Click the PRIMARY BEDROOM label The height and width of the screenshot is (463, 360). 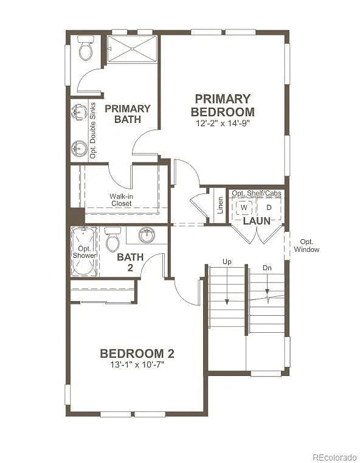click(x=223, y=105)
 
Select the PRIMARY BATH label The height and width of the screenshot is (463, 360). click(x=127, y=114)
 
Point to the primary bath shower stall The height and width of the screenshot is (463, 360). click(x=132, y=49)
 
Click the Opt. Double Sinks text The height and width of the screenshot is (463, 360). click(x=93, y=131)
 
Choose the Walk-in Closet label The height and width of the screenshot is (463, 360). click(x=121, y=200)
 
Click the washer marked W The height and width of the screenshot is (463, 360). click(x=244, y=207)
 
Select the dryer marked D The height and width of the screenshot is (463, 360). click(x=269, y=207)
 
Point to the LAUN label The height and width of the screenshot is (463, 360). click(x=257, y=221)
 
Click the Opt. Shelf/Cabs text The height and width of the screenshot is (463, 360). click(x=257, y=193)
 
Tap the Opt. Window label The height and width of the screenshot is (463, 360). click(x=306, y=245)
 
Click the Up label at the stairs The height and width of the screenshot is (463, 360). click(x=227, y=262)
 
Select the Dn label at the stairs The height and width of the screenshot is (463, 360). click(x=267, y=268)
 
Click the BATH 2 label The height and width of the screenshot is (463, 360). click(x=130, y=262)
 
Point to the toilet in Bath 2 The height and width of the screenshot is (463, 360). click(x=112, y=240)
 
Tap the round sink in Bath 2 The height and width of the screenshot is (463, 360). click(x=147, y=234)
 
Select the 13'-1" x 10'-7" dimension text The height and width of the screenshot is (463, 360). click(x=137, y=365)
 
